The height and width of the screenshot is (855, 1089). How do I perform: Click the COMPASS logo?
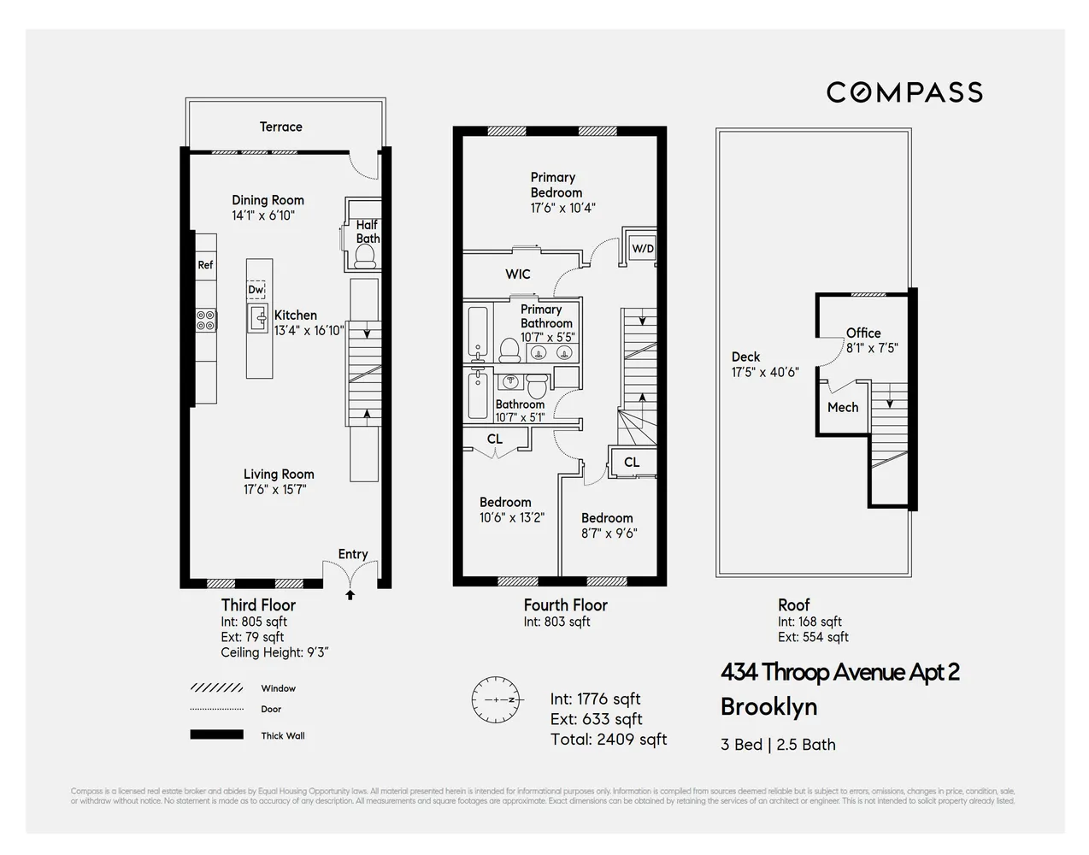(904, 92)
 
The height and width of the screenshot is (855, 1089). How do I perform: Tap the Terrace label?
(280, 127)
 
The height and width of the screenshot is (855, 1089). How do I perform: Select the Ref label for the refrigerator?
(205, 265)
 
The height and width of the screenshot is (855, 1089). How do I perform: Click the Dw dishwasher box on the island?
(256, 290)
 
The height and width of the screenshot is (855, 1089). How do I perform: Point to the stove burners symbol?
(206, 320)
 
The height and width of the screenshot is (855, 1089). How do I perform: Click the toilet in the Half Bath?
(366, 256)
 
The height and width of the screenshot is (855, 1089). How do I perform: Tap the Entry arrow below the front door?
(350, 595)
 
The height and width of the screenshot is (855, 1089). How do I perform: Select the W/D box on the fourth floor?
(642, 249)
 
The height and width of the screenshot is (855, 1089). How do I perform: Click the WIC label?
(518, 274)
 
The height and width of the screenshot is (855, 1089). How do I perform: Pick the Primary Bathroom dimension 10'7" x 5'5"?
(548, 338)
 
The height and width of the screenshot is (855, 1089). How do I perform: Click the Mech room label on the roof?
(842, 408)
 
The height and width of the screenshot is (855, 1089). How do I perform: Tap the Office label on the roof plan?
(863, 333)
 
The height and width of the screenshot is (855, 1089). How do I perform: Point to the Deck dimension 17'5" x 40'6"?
(765, 372)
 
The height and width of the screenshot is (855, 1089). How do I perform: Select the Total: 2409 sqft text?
(609, 740)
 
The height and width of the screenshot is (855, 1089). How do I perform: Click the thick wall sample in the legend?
(216, 734)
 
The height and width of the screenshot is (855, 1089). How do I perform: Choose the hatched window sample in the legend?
(216, 687)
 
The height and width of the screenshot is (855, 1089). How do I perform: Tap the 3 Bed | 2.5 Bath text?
(778, 745)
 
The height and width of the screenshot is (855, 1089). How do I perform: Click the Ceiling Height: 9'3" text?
(274, 652)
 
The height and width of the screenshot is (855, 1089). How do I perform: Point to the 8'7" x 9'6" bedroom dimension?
(609, 534)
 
